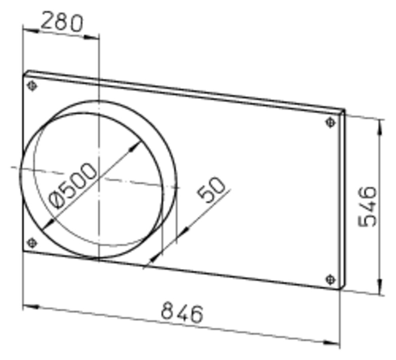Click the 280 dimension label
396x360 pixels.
tap(62, 21)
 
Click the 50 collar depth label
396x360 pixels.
tap(211, 190)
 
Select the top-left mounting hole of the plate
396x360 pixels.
tap(32, 86)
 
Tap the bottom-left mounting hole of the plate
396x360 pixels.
tap(32, 243)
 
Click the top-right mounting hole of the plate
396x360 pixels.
tap(331, 123)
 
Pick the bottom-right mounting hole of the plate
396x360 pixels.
tap(331, 280)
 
